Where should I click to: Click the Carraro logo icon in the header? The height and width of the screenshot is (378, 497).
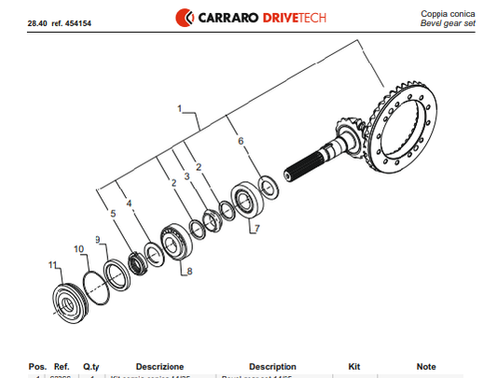(185, 18)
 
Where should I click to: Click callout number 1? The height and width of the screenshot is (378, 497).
(179, 109)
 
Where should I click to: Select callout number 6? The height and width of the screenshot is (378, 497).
(241, 141)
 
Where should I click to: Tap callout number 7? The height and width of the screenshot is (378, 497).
(256, 228)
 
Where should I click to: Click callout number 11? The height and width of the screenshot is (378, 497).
(52, 265)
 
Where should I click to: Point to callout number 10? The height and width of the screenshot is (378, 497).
(78, 248)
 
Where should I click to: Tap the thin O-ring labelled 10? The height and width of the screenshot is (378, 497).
(94, 281)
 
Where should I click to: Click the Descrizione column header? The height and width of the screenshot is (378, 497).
(159, 367)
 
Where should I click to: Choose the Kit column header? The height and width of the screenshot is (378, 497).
(353, 367)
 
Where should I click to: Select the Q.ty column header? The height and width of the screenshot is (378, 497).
(92, 367)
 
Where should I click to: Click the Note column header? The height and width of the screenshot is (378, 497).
(426, 367)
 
